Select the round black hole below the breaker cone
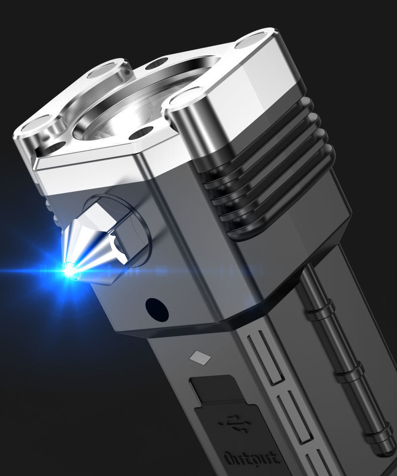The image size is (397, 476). pos(157,310)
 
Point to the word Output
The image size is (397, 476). pos(251,458)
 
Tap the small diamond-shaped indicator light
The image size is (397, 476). pos(200,356)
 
